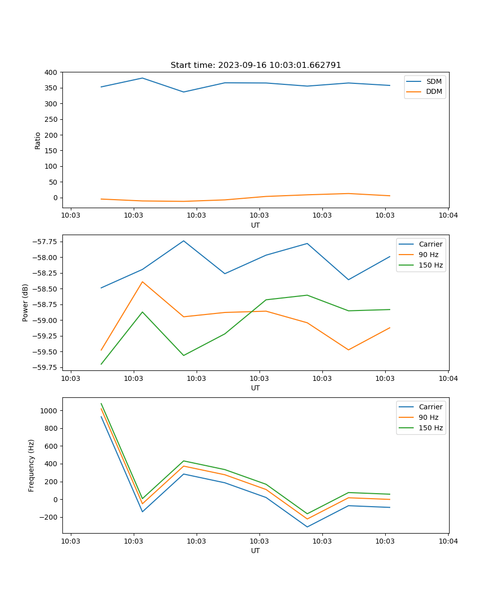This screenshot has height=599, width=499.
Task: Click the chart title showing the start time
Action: [x=255, y=65]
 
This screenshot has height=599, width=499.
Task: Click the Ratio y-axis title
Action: [x=38, y=140]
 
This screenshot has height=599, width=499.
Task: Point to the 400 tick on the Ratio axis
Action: [x=51, y=72]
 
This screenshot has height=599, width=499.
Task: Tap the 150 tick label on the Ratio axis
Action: [x=51, y=151]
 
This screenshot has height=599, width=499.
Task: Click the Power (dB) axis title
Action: [x=25, y=302]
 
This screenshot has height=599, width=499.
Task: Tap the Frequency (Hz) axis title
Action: [x=31, y=465]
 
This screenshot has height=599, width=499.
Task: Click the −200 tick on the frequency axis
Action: [x=49, y=517]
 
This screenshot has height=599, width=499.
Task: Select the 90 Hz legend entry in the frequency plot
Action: [x=429, y=417]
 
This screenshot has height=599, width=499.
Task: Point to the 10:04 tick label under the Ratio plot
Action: [x=448, y=216]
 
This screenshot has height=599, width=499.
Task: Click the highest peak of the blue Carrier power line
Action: [x=184, y=241]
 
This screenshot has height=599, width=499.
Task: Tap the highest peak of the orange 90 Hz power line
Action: [x=142, y=282]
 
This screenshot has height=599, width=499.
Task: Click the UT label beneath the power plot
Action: [x=255, y=388]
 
